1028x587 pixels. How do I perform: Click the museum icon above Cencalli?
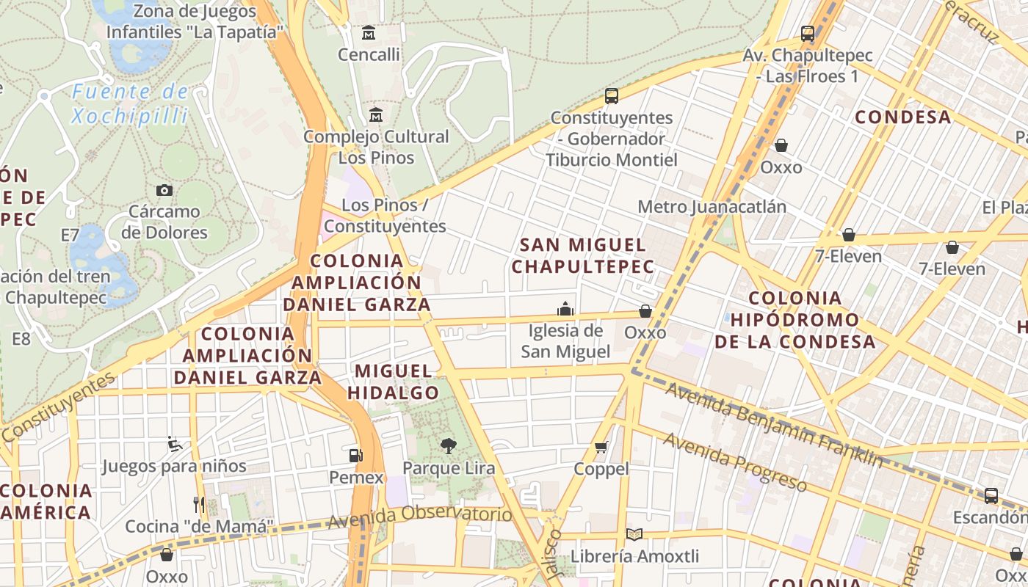pos(369,33)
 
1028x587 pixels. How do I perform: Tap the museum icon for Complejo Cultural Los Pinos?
pos(376,114)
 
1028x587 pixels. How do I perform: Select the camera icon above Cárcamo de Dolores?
pos(164,190)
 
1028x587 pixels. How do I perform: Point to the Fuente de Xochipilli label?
pos(131,103)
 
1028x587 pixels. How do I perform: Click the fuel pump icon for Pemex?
pos(356,455)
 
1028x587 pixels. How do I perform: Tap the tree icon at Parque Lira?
pos(448,445)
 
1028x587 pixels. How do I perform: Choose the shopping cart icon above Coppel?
pos(601,447)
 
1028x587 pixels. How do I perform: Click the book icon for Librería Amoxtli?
pos(634,535)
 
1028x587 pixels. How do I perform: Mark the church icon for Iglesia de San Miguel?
pos(565,308)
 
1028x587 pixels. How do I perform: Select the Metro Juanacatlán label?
pos(712,206)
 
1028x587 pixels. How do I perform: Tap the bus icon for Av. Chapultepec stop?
pos(808,33)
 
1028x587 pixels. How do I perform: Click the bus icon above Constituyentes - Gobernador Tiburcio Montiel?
pos(612,95)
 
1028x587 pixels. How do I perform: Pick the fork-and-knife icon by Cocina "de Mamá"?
pos(199,504)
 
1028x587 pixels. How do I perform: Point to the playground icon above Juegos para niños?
pos(175,443)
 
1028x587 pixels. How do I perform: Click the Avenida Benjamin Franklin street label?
pos(774,425)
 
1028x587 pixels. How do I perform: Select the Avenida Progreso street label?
pos(735,462)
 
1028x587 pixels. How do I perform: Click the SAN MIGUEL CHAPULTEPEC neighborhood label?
pos(582,255)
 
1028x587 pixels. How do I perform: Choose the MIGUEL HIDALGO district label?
pos(393,382)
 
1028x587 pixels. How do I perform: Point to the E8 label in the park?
pos(21,338)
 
